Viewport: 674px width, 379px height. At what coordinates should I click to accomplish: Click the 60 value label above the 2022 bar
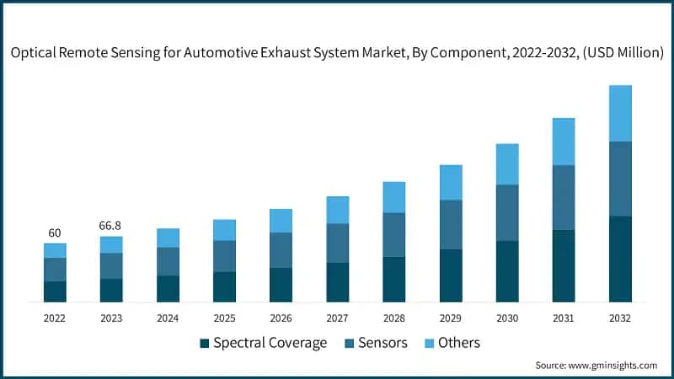coord(55,232)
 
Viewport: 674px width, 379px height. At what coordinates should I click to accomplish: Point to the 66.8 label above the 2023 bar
coord(111,225)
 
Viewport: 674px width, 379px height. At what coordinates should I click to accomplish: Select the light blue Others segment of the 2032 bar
coord(620,114)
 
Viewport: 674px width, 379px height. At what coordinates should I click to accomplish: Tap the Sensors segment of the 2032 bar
coord(620,179)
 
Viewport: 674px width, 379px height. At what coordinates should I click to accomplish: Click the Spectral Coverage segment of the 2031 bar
coord(564,265)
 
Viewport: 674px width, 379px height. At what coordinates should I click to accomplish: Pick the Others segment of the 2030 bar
coord(507,164)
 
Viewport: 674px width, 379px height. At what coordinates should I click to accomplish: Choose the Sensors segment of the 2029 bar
coord(451,224)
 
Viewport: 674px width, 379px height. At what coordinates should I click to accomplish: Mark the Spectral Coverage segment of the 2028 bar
coord(394,279)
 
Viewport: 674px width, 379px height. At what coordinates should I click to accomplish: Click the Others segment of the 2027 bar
coord(338,210)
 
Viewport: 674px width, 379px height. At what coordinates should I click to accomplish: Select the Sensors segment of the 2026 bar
coord(281,250)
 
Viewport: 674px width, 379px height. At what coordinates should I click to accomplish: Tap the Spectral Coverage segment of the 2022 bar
coord(55,291)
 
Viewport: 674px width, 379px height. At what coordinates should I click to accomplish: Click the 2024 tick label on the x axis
coord(168,318)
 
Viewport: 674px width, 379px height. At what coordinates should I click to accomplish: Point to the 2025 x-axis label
coord(224,318)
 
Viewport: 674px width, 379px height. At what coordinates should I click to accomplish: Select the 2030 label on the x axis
coord(507,318)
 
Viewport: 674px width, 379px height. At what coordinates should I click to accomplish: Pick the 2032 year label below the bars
coord(620,318)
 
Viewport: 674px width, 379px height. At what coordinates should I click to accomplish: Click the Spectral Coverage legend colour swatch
coord(204,344)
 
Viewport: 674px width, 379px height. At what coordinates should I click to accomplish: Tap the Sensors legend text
coord(382,343)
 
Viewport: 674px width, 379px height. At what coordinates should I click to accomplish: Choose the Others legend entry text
coord(458,343)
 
